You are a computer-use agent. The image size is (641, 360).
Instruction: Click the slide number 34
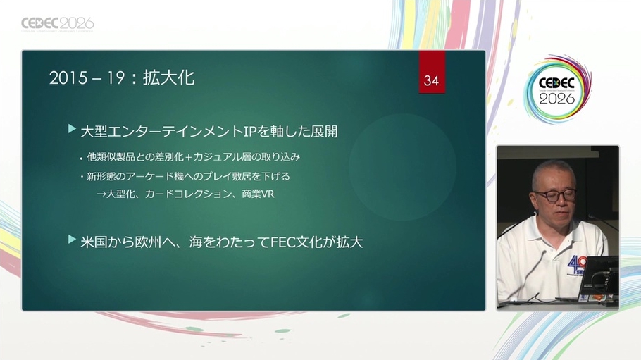pos(431,80)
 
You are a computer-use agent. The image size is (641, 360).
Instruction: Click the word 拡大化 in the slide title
pos(168,77)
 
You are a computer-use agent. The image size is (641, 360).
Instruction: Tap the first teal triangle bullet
pos(73,129)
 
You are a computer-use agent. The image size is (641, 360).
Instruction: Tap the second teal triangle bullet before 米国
pos(73,240)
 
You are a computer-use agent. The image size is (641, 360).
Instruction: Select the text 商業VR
pos(258,194)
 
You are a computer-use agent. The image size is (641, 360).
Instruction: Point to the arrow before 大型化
pos(101,194)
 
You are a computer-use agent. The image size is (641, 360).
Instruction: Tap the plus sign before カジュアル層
pos(189,157)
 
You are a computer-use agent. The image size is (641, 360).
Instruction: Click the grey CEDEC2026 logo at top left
pos(58,24)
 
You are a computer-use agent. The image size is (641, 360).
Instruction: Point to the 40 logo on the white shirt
pos(578,266)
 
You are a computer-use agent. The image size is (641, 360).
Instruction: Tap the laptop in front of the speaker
pos(598,282)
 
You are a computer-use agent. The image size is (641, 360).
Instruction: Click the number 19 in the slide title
pos(116,78)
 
